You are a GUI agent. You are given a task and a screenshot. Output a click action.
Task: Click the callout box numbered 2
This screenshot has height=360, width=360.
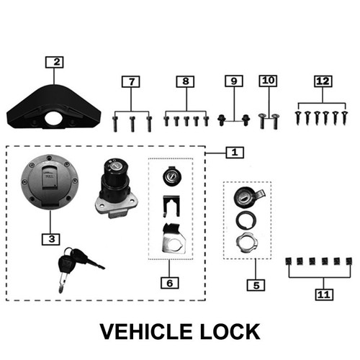(55, 62)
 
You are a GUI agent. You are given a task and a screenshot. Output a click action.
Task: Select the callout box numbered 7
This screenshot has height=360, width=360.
(131, 81)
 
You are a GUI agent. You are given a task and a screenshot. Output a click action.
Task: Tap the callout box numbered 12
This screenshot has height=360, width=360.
(323, 81)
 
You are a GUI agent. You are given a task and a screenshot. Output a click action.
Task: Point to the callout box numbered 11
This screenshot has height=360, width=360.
(324, 294)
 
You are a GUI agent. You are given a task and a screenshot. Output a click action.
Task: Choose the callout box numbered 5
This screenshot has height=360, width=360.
(256, 285)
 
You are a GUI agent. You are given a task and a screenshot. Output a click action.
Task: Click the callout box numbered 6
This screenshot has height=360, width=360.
(170, 283)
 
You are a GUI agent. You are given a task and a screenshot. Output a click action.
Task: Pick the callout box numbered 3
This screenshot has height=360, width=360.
(51, 239)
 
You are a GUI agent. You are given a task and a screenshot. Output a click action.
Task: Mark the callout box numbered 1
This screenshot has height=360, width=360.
(235, 153)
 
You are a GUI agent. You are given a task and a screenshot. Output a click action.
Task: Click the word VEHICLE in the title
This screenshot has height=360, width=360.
(146, 332)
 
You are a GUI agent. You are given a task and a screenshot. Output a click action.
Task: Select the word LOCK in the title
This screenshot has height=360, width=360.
(230, 332)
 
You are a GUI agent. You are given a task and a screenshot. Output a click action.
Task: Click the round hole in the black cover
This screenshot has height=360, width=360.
(53, 118)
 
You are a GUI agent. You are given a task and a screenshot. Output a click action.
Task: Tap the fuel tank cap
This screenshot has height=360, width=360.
(50, 182)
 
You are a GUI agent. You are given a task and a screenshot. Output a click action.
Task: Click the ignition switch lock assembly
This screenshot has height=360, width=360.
(117, 188)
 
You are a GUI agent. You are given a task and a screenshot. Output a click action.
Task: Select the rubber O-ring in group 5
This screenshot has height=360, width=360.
(246, 220)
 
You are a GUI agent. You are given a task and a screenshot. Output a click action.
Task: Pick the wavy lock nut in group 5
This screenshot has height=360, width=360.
(246, 243)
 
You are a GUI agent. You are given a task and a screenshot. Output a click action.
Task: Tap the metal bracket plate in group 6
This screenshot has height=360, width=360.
(174, 239)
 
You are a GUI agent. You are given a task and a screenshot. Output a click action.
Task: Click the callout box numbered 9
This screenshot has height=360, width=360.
(234, 81)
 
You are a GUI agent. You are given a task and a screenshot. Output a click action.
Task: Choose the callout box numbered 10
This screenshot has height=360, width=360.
(268, 81)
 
